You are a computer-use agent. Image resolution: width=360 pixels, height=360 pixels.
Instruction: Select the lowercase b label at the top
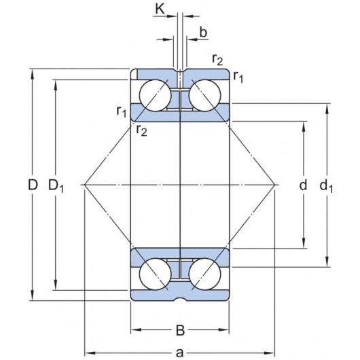coord(203,33)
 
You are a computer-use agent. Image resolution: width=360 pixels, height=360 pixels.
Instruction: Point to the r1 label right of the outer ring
coord(238,76)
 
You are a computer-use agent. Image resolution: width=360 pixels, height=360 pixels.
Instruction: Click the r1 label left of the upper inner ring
coord(121,110)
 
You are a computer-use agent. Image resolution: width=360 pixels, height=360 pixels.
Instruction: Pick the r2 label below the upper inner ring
coord(141,130)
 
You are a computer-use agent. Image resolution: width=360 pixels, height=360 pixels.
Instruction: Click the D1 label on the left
coord(56,185)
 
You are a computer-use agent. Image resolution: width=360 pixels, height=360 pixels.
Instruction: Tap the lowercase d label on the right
coord(303,185)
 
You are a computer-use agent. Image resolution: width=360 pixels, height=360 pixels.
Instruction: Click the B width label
coord(180,331)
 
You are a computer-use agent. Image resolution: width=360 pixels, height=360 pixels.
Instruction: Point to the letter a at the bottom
coord(180,352)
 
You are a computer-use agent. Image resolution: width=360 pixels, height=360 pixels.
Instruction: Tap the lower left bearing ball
coord(154,275)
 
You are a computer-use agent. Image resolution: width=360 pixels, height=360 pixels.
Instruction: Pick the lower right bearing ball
coord(205,275)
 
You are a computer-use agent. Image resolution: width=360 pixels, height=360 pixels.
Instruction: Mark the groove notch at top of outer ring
coord(180,71)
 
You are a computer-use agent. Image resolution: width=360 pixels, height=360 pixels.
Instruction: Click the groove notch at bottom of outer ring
coord(180,298)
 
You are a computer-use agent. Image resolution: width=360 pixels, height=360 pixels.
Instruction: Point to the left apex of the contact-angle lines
coord(84,185)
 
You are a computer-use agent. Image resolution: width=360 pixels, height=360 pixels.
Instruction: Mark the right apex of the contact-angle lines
coord(276,185)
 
